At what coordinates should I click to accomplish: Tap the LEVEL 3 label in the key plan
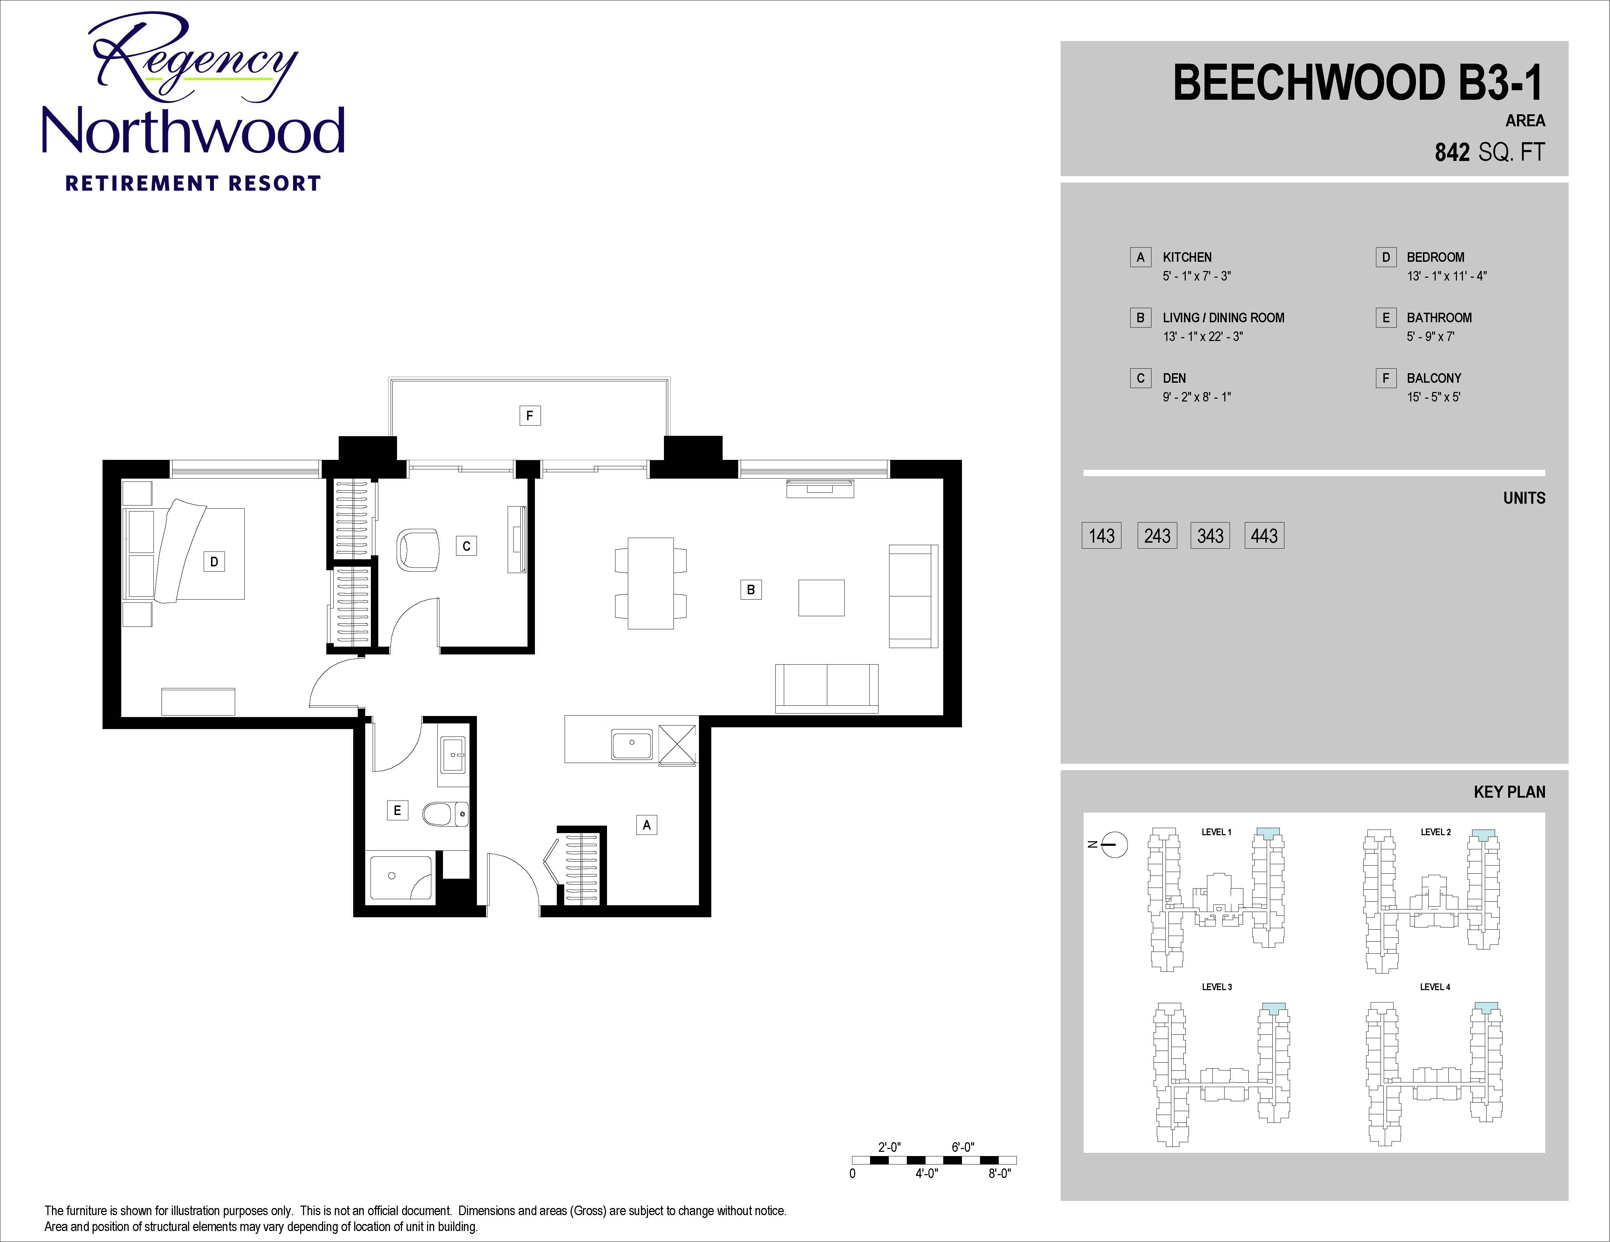tap(1217, 987)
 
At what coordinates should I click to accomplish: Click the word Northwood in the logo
tap(193, 131)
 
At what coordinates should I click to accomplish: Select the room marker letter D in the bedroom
tap(214, 561)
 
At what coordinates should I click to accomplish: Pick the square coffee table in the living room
tap(821, 597)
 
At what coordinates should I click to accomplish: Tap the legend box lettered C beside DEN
tap(1141, 379)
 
